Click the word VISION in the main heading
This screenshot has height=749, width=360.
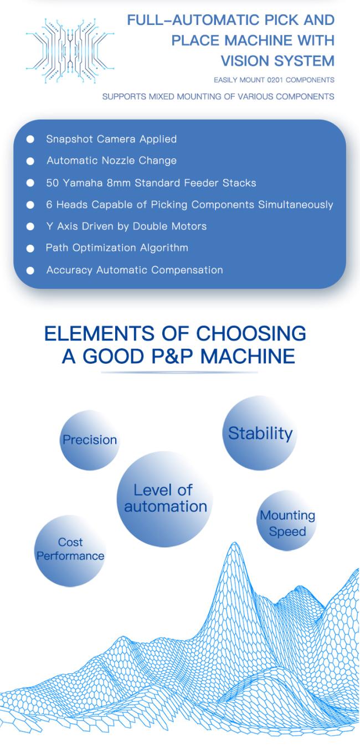249,60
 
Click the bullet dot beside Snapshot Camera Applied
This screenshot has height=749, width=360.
30,140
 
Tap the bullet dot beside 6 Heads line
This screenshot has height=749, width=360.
30,205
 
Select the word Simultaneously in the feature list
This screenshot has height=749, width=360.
296,205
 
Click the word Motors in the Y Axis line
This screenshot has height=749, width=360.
188,226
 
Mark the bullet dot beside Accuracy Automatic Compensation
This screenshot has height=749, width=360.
30,271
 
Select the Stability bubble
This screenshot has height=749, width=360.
260,433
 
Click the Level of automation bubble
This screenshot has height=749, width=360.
164,498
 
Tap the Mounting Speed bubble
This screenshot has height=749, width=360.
287,523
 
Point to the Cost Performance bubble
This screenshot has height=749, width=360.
70,549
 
